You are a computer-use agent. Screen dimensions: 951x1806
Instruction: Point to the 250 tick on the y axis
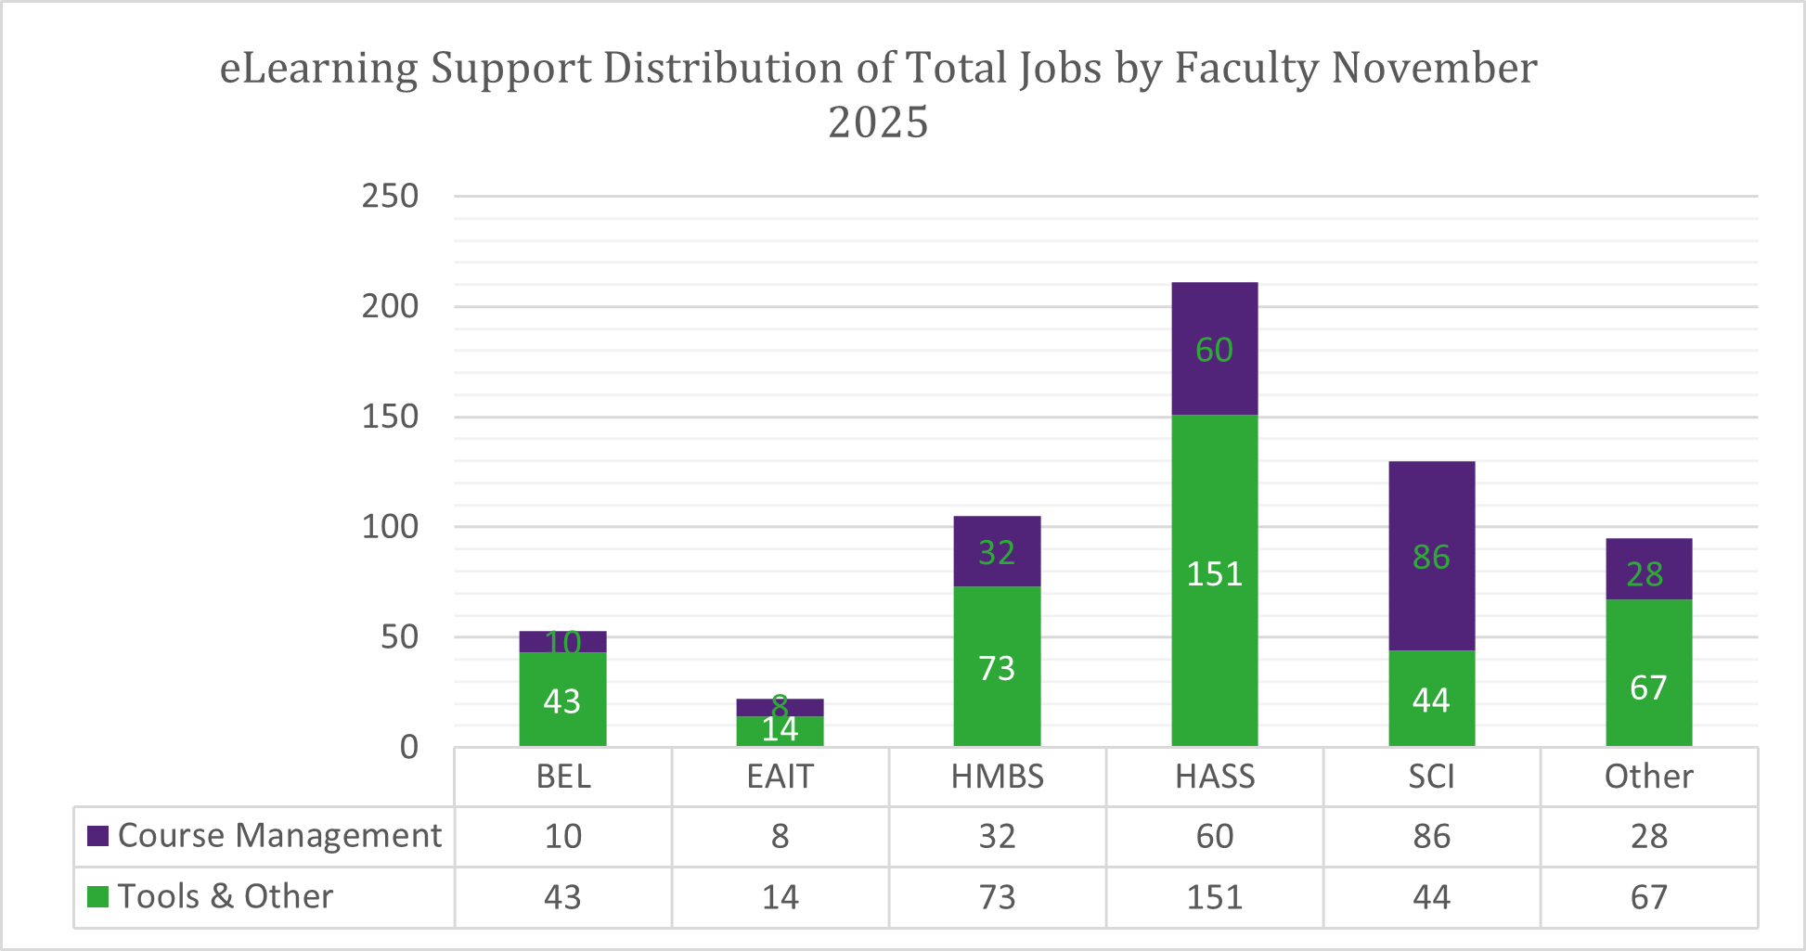[x=390, y=197]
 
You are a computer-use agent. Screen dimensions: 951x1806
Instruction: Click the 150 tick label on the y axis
[x=390, y=417]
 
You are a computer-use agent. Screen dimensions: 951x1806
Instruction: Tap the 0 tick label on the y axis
[x=408, y=747]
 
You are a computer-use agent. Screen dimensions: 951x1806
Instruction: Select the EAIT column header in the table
[x=780, y=777]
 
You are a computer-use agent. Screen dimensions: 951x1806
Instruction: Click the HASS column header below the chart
[x=1214, y=777]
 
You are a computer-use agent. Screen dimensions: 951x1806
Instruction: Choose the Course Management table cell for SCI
[x=1431, y=837]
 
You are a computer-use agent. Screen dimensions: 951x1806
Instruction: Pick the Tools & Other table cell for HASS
[x=1214, y=897]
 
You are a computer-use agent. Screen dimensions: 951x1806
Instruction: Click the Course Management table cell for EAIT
[x=780, y=837]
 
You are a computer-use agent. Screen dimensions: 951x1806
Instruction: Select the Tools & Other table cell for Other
[x=1648, y=897]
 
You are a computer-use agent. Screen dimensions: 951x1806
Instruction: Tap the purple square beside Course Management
[x=97, y=836]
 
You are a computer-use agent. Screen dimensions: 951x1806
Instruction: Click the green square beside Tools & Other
[x=97, y=897]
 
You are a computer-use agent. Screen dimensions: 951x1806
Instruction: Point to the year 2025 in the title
[x=878, y=122]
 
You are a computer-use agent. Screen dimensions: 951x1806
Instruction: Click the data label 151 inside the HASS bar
[x=1214, y=574]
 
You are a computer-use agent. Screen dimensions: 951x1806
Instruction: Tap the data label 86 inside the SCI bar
[x=1431, y=557]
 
